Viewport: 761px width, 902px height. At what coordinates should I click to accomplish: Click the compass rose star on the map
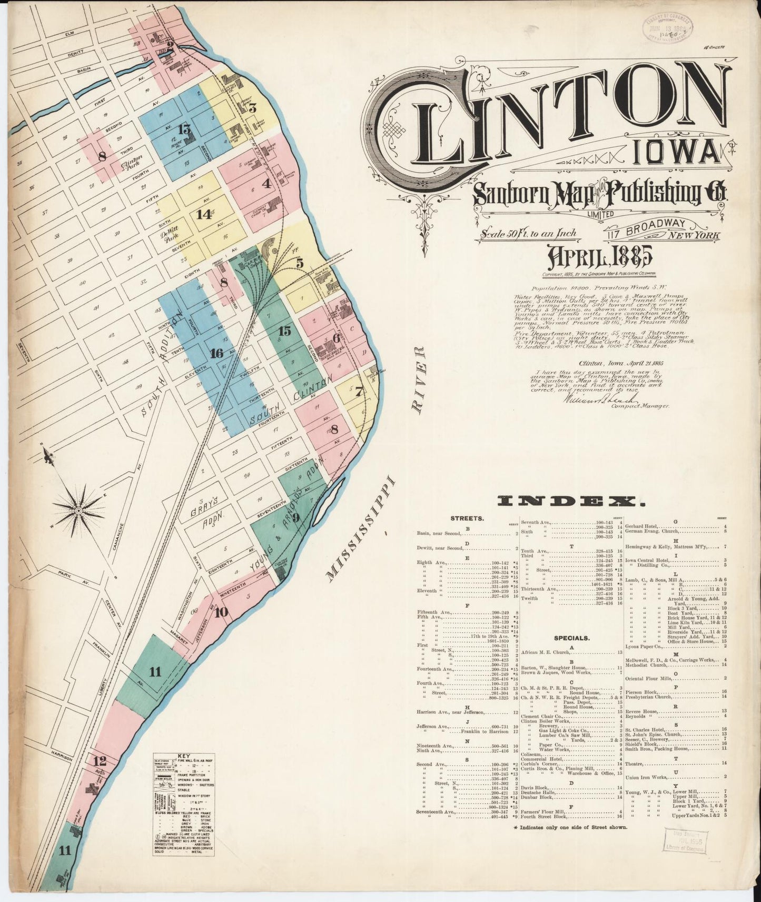tap(78, 510)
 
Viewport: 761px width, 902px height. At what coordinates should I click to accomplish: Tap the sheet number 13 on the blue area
tap(185, 129)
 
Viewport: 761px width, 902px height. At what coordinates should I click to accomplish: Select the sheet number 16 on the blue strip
tap(216, 353)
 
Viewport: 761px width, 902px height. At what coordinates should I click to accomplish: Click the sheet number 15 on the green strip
tap(284, 331)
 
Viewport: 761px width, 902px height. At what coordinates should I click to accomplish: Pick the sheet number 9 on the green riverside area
tap(296, 517)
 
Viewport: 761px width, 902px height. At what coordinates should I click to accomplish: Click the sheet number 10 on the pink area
tap(221, 612)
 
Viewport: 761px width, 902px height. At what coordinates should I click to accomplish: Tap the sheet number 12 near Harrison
tap(99, 761)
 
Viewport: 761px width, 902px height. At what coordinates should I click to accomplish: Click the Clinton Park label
tap(132, 167)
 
